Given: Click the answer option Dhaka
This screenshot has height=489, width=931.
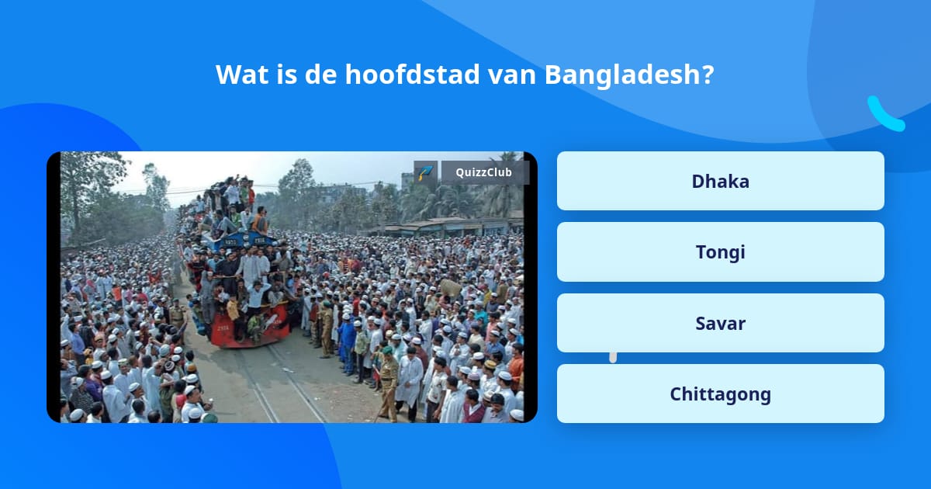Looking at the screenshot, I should pos(720,181).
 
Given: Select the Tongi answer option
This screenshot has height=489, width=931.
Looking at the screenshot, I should pos(720,252).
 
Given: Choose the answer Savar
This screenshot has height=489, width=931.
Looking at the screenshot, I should pos(720,323).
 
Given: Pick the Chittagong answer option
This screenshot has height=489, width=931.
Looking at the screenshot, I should pos(720,394).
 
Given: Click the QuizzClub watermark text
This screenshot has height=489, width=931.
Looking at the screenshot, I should pos(484,172).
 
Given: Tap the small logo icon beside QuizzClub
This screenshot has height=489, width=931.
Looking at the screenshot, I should pos(425,172).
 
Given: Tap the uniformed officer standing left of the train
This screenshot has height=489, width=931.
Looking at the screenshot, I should pos(178,314).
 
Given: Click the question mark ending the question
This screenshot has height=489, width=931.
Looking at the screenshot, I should pos(706,75).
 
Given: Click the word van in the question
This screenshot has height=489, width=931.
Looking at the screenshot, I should pos(512,75).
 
